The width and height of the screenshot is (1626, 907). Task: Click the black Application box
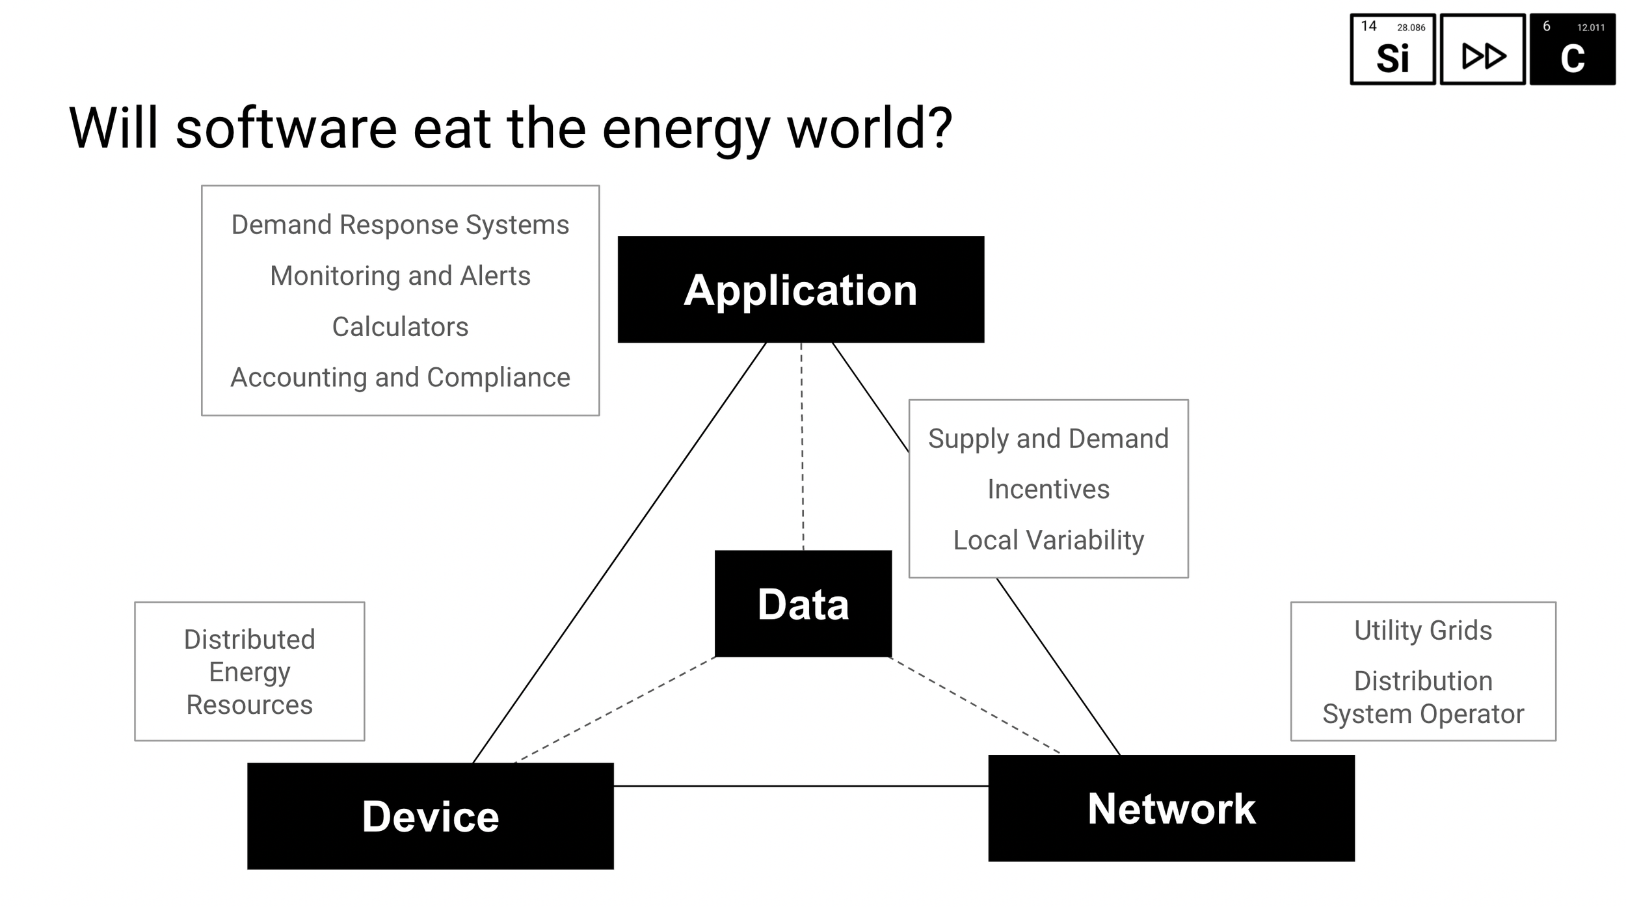(x=800, y=289)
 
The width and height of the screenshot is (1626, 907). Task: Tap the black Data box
(x=803, y=604)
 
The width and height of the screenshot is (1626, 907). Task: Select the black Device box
(x=430, y=816)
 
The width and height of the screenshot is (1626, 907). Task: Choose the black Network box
(x=1171, y=808)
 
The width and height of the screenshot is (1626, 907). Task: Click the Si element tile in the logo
(x=1393, y=50)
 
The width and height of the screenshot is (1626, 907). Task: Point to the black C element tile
(x=1572, y=50)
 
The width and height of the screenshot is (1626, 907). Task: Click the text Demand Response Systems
(x=400, y=225)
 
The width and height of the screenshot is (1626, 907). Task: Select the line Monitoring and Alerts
(x=400, y=276)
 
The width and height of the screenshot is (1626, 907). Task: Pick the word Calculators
(x=400, y=326)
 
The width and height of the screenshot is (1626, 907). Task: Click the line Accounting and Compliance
(x=400, y=377)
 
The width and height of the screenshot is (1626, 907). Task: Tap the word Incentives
(x=1048, y=489)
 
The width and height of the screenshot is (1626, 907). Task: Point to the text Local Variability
(x=1048, y=540)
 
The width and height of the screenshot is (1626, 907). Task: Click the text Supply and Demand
(x=1048, y=438)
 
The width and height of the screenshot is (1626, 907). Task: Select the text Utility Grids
(x=1423, y=630)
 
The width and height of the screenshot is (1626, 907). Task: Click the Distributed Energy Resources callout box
(x=249, y=671)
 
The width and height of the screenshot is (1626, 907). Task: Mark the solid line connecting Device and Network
(x=800, y=786)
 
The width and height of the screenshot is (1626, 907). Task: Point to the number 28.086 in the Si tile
(x=1411, y=27)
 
